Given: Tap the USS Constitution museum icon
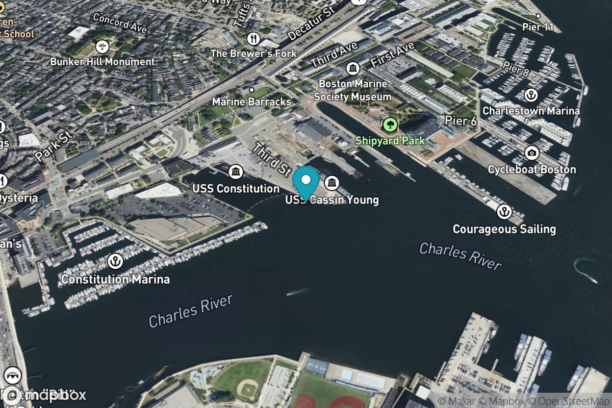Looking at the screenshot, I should pos(236,172).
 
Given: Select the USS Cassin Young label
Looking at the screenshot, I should pos(331,199).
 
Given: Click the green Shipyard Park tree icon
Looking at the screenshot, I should pos(390,124).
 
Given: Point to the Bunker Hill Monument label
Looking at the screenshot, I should pos(102,62).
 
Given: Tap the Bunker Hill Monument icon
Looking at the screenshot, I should pos(102,47).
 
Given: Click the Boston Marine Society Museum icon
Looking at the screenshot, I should pos(352,68).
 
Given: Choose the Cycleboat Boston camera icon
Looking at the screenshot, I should pos(531,152).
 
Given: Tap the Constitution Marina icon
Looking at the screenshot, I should pos(116,262).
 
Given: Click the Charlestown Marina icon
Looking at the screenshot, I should pos(531,95).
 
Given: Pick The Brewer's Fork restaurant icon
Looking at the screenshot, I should pos(253,38).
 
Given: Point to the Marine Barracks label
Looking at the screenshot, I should pos(252,101).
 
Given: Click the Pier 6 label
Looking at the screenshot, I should pos(461,121).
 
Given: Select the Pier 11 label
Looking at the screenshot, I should pos(538,27).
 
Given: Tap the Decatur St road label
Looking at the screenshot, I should pos(311,23).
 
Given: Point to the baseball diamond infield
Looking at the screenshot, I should pos(248,390).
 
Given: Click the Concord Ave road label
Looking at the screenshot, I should pos(120,23).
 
